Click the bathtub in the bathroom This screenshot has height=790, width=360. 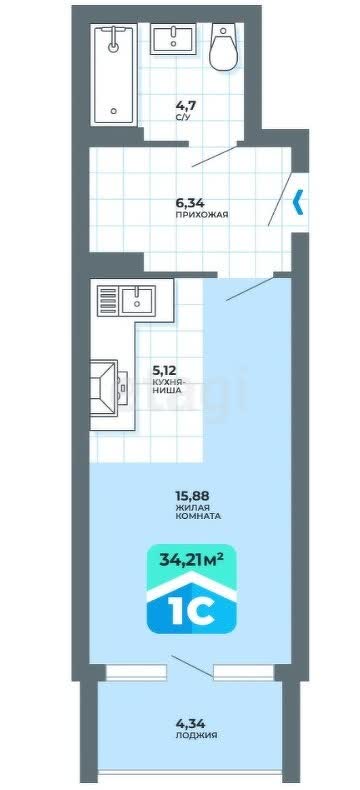pyautogui.click(x=114, y=75)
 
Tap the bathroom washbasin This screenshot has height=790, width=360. pyautogui.click(x=173, y=39)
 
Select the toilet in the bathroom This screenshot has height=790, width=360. pyautogui.click(x=224, y=46)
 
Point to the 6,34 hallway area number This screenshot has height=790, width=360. pyautogui.click(x=186, y=204)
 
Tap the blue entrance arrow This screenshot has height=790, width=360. pyautogui.click(x=298, y=202)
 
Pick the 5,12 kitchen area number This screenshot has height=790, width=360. pyautogui.click(x=164, y=371)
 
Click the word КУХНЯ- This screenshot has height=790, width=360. pyautogui.click(x=168, y=382)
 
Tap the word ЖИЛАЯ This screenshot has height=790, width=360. pyautogui.click(x=192, y=507)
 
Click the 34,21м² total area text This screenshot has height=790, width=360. pyautogui.click(x=191, y=559)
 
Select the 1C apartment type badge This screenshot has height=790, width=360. pyautogui.click(x=191, y=587)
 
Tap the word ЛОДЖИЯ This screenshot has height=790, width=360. pyautogui.click(x=196, y=736)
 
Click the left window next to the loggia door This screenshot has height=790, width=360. pyautogui.click(x=136, y=672)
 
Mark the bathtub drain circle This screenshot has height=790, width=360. pyautogui.click(x=115, y=111)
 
